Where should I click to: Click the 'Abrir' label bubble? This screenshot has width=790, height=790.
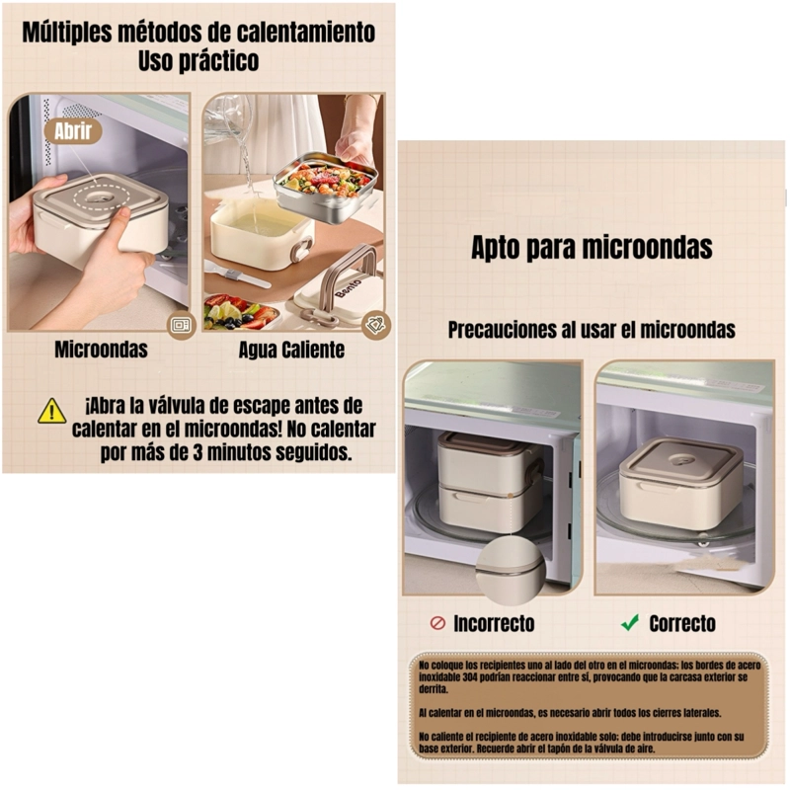tap(72, 131)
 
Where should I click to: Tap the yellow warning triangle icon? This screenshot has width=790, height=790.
tap(52, 411)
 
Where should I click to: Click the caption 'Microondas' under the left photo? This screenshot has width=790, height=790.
tap(101, 350)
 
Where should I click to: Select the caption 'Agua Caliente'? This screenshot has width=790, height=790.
tap(291, 350)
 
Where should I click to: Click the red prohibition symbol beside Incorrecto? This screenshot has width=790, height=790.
tap(437, 623)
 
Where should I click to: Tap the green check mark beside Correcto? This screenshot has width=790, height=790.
tap(630, 623)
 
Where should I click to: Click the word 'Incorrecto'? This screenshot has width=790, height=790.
tap(494, 624)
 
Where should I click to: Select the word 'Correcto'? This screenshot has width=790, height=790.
tap(682, 624)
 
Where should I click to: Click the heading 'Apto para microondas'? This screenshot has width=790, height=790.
tap(592, 248)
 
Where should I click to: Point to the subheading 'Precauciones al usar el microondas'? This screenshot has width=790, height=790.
tap(592, 330)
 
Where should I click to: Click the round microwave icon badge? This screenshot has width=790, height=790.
tap(181, 326)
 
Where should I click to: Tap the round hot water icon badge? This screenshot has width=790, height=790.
tap(376, 326)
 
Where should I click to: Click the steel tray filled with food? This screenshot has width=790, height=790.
tap(325, 187)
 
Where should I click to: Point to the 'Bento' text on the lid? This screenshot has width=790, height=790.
tap(348, 288)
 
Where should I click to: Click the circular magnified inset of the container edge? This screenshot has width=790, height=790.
tap(511, 570)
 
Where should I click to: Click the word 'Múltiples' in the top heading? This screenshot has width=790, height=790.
tap(67, 33)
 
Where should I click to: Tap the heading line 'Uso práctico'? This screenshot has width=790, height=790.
tap(198, 61)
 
